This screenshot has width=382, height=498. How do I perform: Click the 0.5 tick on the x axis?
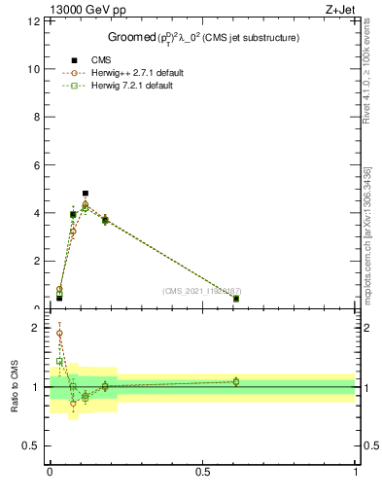202,472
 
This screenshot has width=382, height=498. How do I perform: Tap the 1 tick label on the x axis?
356,472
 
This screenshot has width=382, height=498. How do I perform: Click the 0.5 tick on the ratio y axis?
35,445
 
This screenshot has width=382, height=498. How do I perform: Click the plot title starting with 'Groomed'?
202,37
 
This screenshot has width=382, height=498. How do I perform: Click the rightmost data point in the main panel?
236,299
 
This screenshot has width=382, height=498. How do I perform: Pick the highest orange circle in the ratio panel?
59,333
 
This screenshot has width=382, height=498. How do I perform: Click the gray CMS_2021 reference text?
201,291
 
